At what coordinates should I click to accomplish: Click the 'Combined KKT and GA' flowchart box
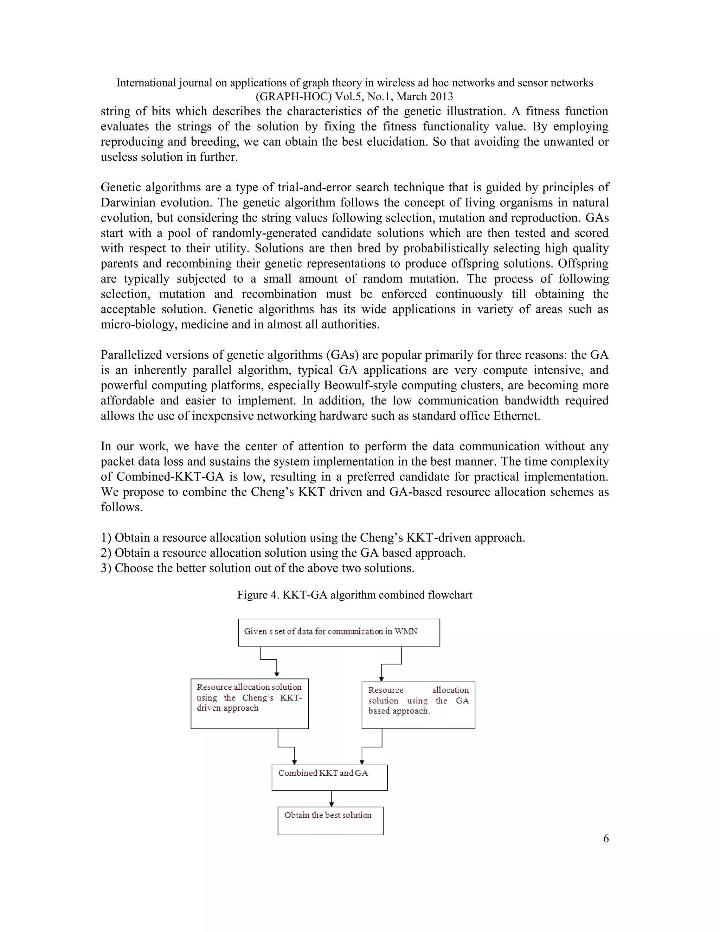pyautogui.click(x=329, y=777)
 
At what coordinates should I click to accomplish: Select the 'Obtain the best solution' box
pyautogui.click(x=330, y=820)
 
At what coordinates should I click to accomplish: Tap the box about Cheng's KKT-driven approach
pyautogui.click(x=250, y=703)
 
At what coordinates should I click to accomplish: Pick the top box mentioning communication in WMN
pyautogui.click(x=339, y=632)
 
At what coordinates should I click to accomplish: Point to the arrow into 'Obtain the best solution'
pyautogui.click(x=332, y=798)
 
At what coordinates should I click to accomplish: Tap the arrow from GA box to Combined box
pyautogui.click(x=372, y=747)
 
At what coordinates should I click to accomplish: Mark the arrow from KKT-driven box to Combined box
pyautogui.click(x=286, y=747)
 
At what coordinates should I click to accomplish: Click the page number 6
pyautogui.click(x=606, y=838)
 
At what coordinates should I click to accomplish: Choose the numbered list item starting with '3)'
pyautogui.click(x=258, y=568)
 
